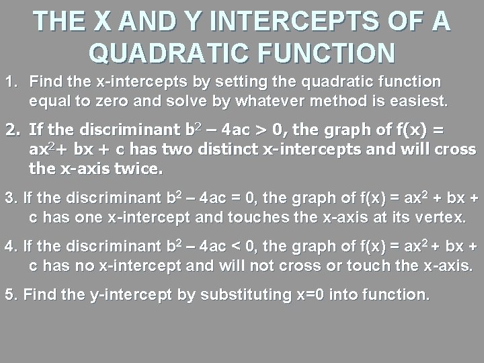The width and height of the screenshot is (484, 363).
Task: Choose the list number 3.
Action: click(x=9, y=199)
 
